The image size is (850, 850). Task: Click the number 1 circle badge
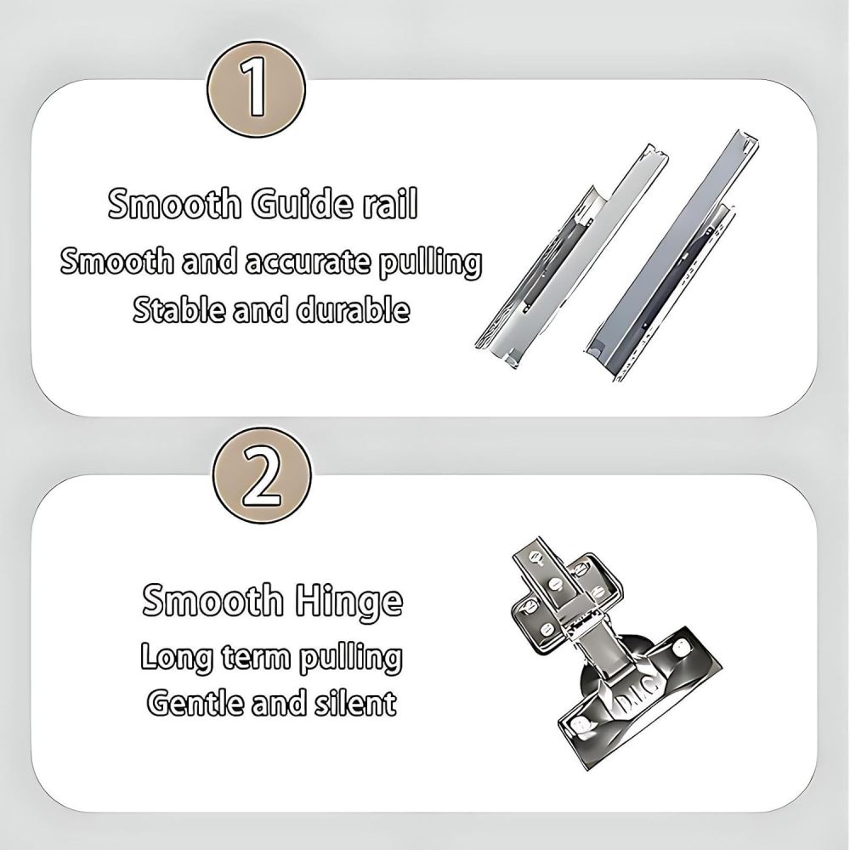click(x=255, y=89)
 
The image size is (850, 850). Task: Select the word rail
click(x=390, y=203)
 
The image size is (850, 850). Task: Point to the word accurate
click(x=309, y=262)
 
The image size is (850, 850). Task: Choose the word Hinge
click(x=349, y=601)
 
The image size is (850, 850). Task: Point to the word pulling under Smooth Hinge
click(x=351, y=658)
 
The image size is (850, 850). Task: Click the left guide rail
click(x=571, y=257)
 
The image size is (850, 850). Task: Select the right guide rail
click(x=672, y=256)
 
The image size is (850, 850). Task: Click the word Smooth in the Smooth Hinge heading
click(x=212, y=599)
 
